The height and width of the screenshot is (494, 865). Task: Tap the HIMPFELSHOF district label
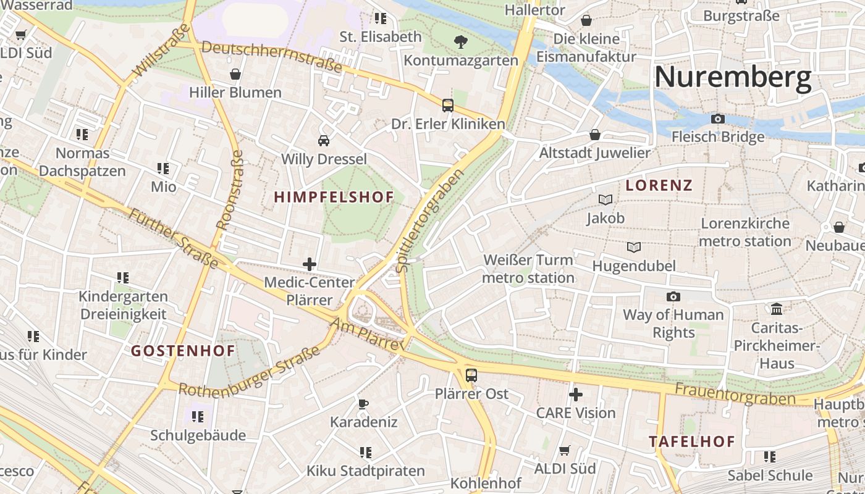(334, 198)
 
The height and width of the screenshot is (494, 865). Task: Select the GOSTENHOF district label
(183, 351)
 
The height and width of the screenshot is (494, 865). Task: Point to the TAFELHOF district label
(691, 442)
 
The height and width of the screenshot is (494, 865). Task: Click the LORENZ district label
(659, 185)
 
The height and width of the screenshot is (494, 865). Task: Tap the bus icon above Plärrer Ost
(471, 375)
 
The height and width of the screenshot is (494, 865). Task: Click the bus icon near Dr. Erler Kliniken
(448, 106)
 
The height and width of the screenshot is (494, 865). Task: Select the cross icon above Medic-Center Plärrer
(310, 264)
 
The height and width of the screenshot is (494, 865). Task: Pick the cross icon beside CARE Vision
(576, 394)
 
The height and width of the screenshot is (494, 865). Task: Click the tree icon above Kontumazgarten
(460, 42)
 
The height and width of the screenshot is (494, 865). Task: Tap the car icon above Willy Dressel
(324, 140)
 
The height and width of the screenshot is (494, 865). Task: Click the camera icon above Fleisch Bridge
(718, 119)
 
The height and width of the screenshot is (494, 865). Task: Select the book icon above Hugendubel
(634, 248)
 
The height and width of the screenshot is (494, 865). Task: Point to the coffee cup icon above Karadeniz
(363, 404)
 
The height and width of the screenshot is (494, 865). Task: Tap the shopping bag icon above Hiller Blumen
(235, 74)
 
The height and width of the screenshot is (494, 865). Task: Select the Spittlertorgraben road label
(430, 221)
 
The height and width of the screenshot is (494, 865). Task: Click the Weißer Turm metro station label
(528, 269)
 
